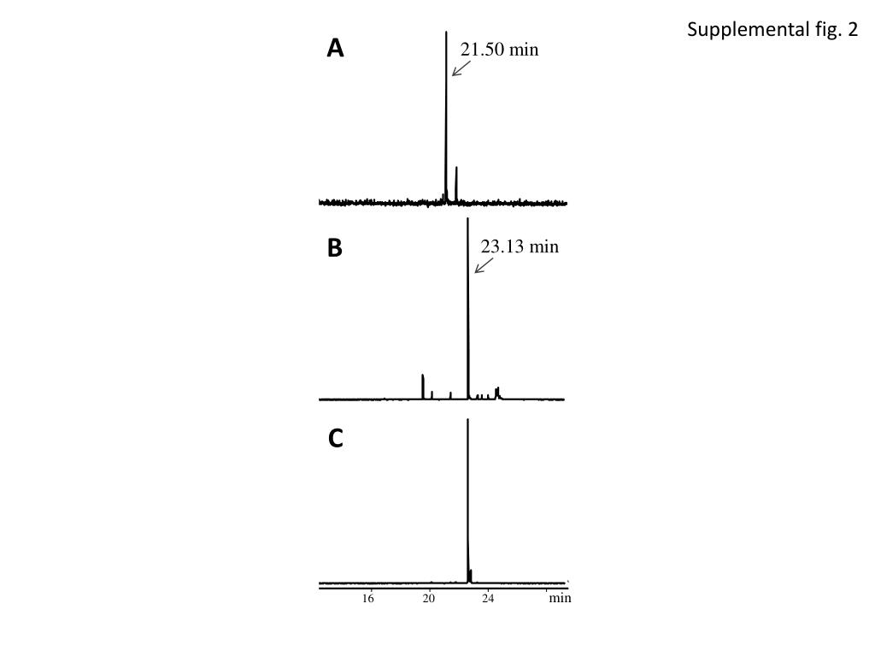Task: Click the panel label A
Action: pos(335,50)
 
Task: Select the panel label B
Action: pos(335,248)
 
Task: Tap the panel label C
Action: pos(335,439)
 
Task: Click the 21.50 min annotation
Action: pos(500,50)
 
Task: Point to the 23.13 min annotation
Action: pos(520,247)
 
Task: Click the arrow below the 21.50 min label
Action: pos(461,68)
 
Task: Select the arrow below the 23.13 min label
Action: pos(484,266)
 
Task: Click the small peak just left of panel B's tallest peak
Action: pos(450,395)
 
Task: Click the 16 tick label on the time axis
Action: pos(368,599)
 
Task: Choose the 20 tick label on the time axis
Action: pos(429,599)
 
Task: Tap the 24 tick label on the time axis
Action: pos(488,599)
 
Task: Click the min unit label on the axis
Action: pos(560,599)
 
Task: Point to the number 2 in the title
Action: pos(852,31)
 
